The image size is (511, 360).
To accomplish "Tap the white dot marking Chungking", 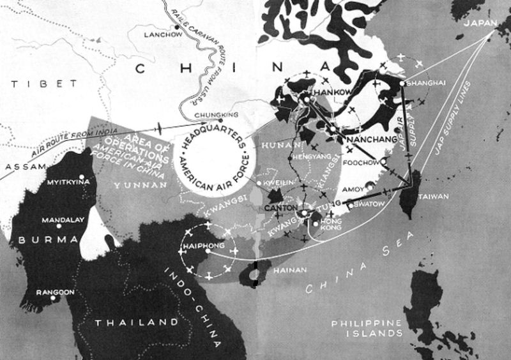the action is [x=221, y=120].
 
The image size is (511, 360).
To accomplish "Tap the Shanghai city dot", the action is [x=402, y=83].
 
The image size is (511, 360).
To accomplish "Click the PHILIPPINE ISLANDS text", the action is [x=367, y=327].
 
